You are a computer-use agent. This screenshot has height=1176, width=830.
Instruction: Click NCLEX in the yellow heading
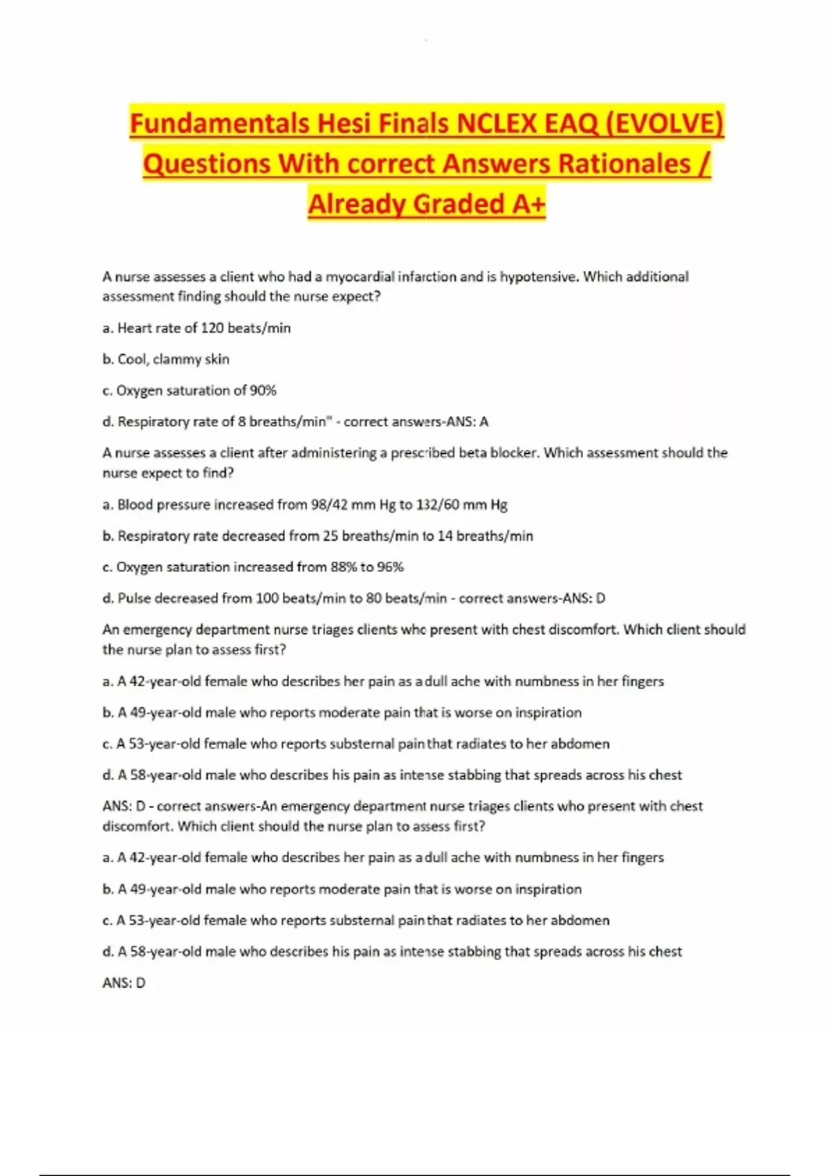pyautogui.click(x=487, y=124)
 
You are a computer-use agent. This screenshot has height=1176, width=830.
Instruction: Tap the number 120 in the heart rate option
pyautogui.click(x=212, y=328)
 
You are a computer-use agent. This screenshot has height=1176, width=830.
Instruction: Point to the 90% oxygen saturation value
pyautogui.click(x=263, y=390)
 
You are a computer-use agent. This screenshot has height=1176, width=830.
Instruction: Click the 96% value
pyautogui.click(x=390, y=567)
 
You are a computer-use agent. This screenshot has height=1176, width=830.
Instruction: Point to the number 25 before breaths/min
pyautogui.click(x=331, y=535)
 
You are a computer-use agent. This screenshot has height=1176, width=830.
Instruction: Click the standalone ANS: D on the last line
pyautogui.click(x=124, y=982)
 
